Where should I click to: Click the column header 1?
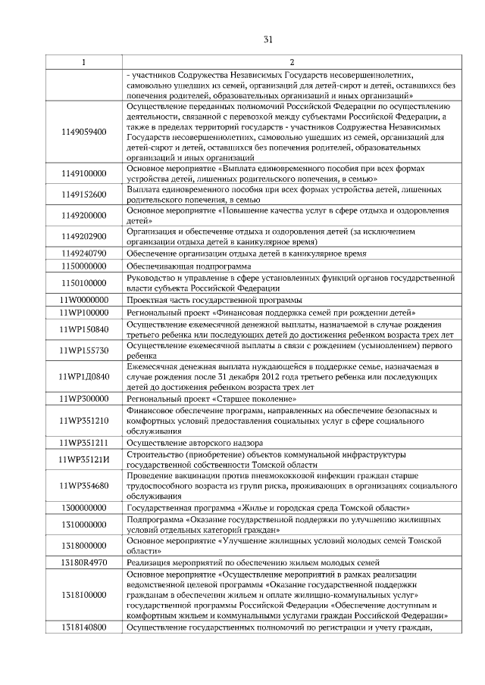(83, 61)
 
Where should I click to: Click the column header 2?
(292, 61)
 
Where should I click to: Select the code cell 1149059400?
(83, 132)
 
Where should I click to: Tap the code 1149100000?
(83, 173)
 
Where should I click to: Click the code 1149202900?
(83, 236)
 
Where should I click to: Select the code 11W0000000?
(83, 300)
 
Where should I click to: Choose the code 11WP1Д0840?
(83, 375)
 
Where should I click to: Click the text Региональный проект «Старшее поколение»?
(211, 398)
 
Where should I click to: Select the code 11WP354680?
(83, 485)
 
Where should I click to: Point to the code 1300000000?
(83, 508)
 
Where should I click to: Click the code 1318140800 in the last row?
(83, 627)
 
